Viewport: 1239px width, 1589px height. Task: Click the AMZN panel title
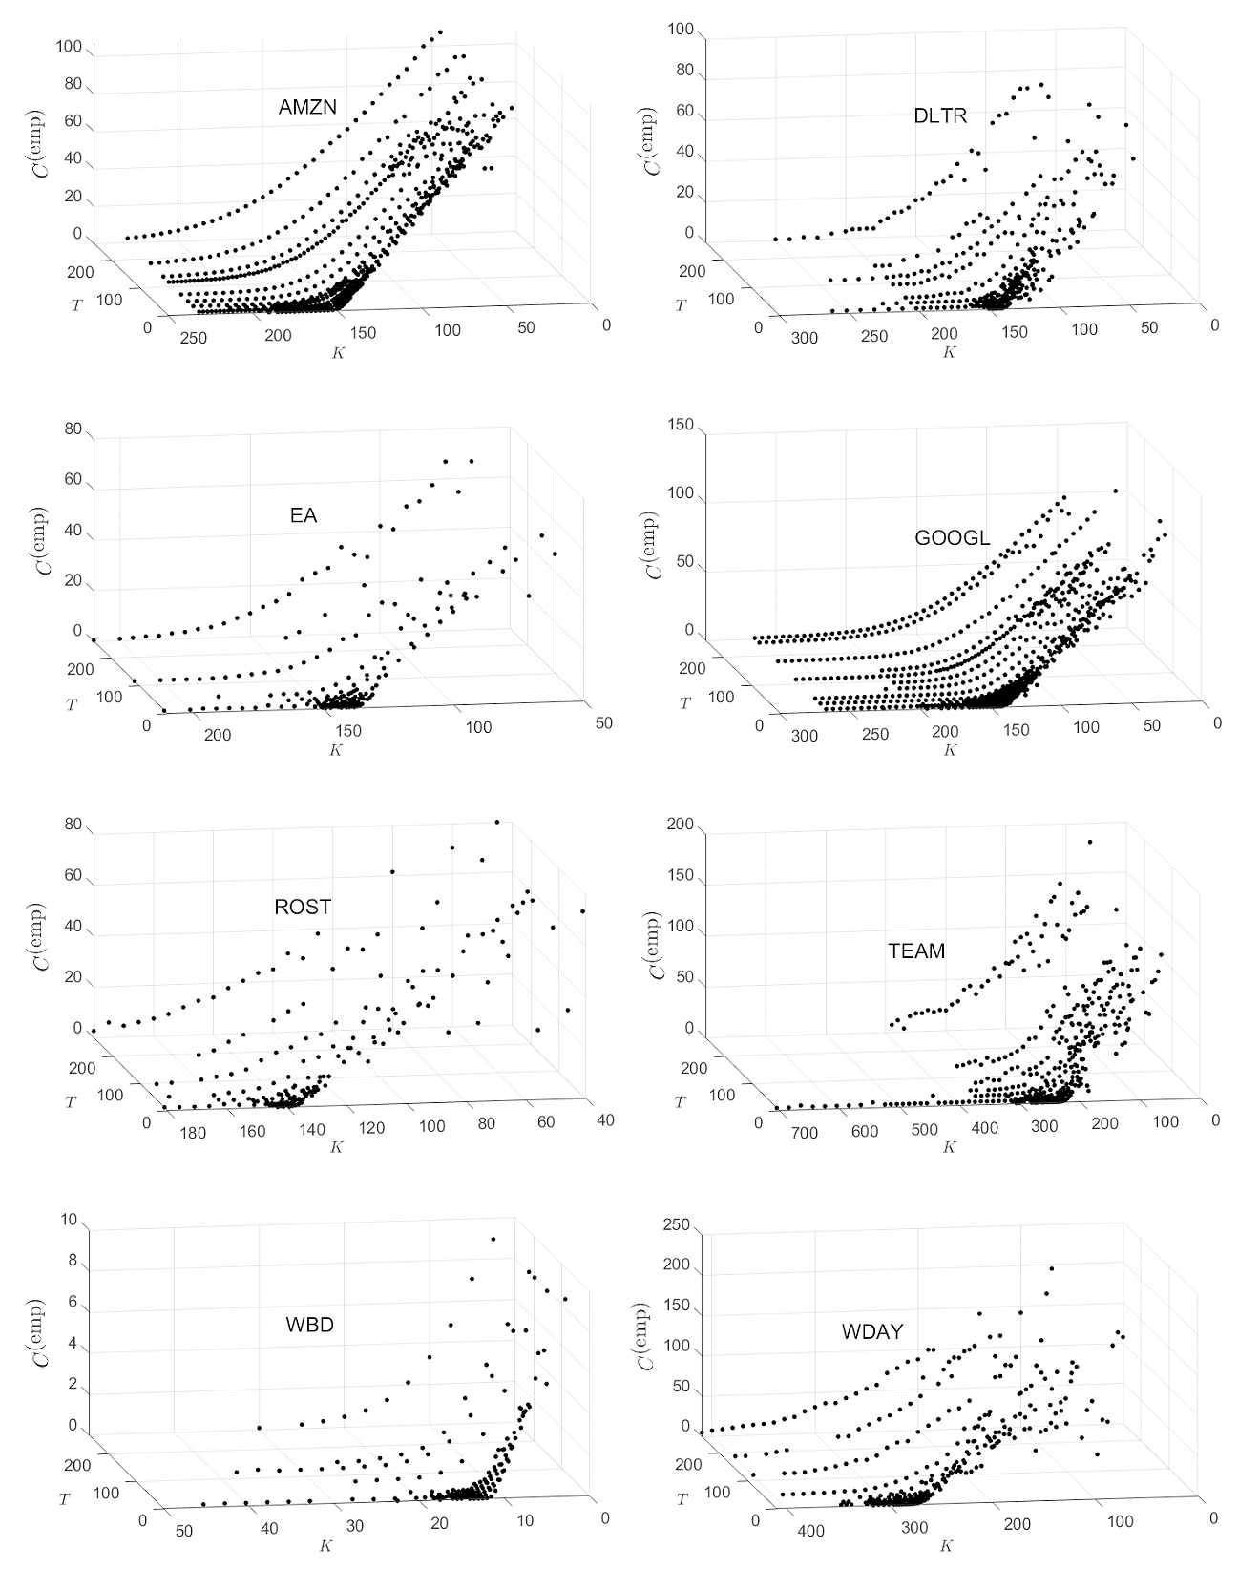[307, 108]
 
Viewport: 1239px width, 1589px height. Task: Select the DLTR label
[940, 116]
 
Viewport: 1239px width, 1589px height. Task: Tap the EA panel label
[304, 516]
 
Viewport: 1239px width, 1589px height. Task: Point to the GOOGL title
[952, 538]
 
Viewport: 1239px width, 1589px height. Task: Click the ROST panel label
[303, 907]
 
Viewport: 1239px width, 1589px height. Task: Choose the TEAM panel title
[916, 951]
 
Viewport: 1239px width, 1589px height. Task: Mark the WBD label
[309, 1326]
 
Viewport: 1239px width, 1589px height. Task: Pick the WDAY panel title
[872, 1332]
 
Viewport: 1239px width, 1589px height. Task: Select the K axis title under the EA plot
[336, 750]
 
